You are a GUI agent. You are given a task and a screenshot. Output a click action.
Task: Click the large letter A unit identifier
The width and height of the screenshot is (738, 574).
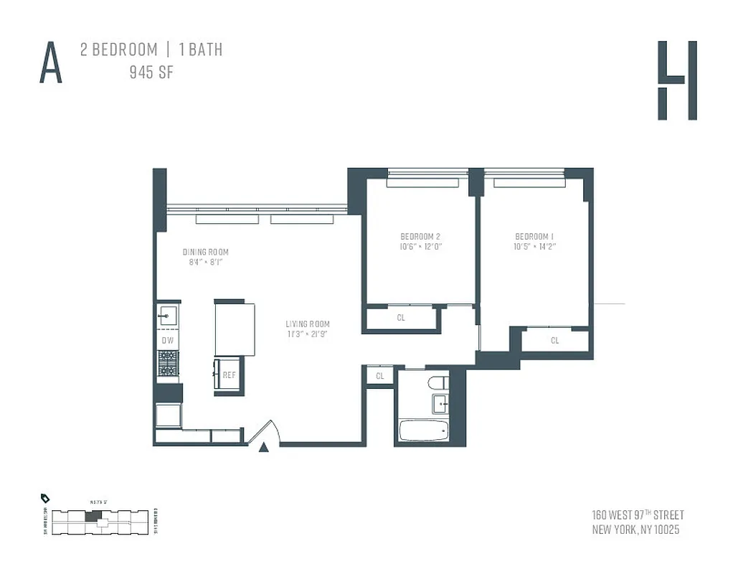51,63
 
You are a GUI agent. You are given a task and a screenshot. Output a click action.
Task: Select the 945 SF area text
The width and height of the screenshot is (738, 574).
151,72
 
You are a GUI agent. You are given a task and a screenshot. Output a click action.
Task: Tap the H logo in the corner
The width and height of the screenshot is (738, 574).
677,80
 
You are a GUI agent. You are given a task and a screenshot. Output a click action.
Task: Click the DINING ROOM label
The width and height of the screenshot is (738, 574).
206,252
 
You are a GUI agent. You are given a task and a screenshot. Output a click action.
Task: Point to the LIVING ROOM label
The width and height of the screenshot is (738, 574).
308,324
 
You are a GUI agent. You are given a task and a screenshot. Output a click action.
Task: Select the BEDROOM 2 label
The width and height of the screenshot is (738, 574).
420,237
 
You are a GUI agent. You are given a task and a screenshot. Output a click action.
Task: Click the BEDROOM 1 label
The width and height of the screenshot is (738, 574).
535,237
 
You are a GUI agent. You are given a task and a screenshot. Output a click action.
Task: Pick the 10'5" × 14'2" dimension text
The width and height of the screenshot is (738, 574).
535,247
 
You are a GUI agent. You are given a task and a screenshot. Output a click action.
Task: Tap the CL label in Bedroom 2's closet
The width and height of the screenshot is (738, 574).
401,317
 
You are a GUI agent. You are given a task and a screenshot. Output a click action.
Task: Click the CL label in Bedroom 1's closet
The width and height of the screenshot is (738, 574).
555,340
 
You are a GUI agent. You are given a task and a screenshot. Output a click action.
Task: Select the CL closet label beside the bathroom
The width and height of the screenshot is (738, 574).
380,375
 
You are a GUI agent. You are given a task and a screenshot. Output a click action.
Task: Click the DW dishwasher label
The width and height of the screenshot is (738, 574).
167,340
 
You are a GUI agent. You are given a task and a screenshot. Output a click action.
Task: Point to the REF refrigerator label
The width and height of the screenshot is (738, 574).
229,375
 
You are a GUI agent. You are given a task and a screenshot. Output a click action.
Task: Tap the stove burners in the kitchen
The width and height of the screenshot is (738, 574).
168,362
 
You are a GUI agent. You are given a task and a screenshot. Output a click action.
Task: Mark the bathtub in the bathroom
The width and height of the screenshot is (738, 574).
423,430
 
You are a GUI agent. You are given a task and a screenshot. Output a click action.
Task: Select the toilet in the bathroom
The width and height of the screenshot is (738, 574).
437,383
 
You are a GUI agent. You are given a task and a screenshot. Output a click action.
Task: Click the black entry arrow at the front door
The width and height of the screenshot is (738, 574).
263,448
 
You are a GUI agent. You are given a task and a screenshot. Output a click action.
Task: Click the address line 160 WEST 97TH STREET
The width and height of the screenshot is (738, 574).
638,515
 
